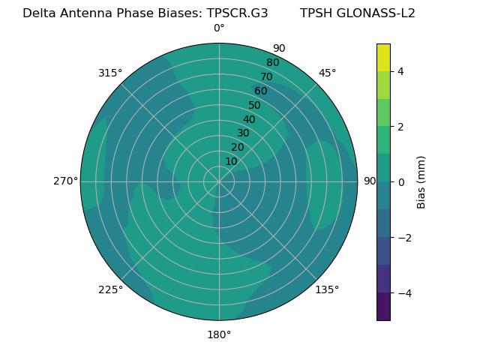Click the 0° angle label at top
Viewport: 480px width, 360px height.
point(219,28)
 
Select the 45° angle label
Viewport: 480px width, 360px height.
point(327,73)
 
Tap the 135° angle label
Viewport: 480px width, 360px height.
point(327,289)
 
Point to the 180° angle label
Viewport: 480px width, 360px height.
point(219,334)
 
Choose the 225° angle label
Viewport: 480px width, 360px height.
point(110,289)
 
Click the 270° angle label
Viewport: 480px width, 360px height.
point(65,181)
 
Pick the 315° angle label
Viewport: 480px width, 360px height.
point(110,73)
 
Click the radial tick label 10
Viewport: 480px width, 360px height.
point(231,161)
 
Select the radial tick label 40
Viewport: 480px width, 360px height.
point(249,119)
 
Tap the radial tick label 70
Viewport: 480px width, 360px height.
point(266,76)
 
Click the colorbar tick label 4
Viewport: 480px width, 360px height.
point(400,71)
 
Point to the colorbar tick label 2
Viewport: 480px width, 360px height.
point(400,127)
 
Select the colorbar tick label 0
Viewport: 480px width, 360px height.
point(400,182)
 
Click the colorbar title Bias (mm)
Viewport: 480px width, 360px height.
point(421,181)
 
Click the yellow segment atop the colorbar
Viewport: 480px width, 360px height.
point(383,57)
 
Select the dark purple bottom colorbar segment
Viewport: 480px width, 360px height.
point(383,307)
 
